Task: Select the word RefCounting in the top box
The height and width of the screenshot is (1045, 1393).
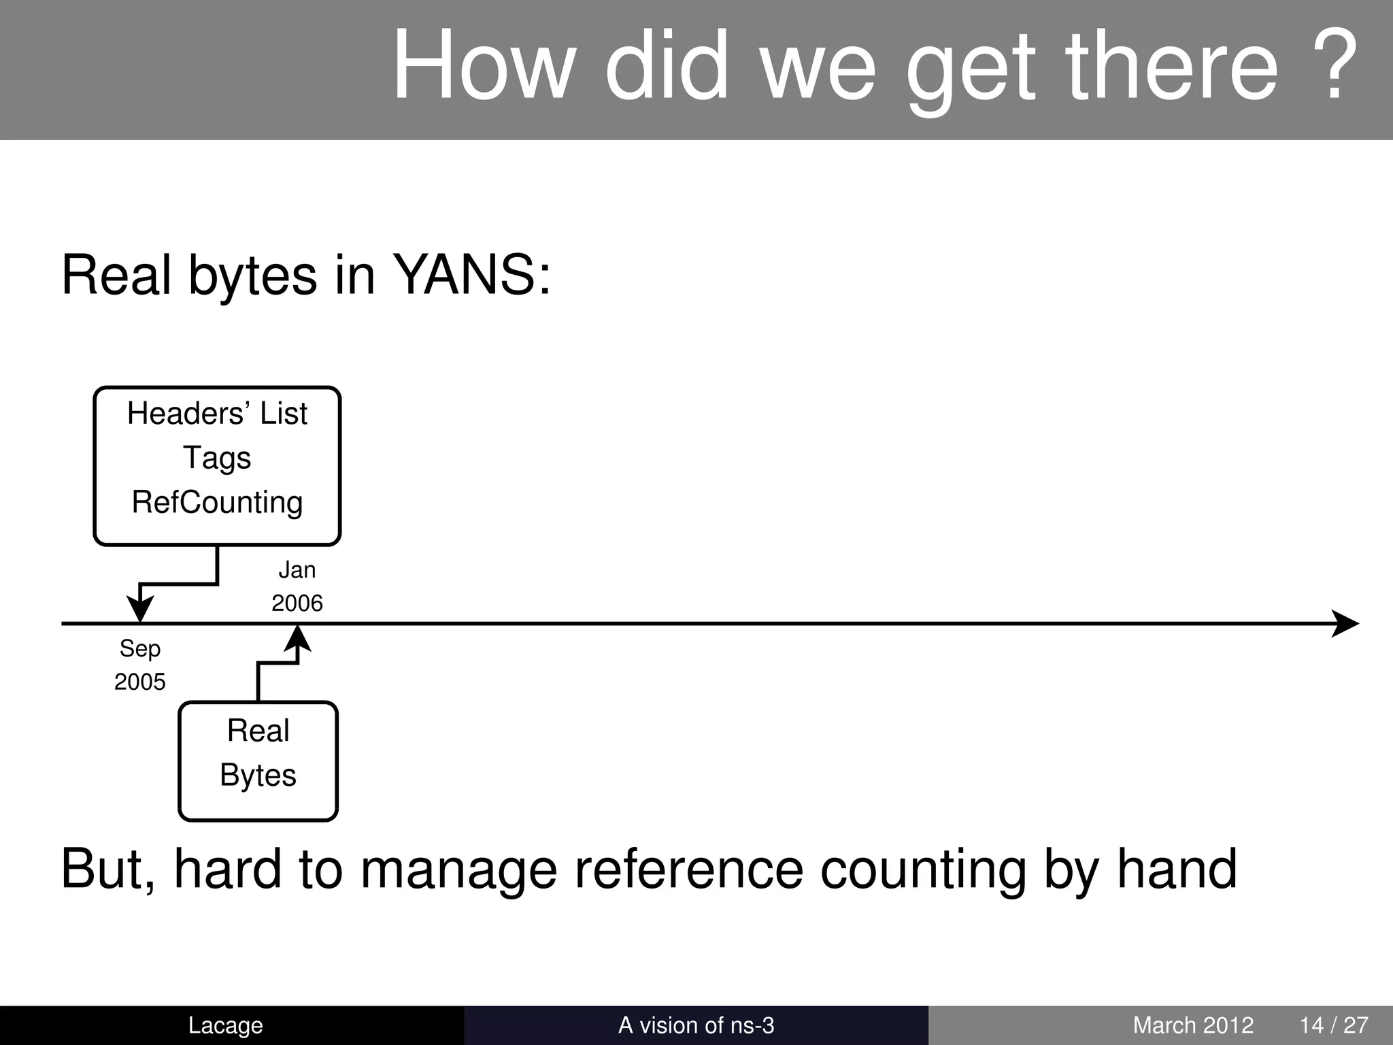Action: click(x=217, y=503)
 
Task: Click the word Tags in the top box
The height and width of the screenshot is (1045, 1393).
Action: click(x=217, y=458)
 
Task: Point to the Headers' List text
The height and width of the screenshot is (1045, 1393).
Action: click(x=217, y=414)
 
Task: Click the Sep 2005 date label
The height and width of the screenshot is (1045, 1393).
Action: click(x=139, y=665)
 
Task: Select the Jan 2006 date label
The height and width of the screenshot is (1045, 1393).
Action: click(x=297, y=586)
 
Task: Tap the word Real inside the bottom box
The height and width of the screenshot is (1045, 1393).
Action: click(x=258, y=731)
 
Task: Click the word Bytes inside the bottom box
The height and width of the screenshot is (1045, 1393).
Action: click(x=258, y=776)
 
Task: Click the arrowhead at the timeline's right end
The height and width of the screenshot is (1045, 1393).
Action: click(x=1345, y=623)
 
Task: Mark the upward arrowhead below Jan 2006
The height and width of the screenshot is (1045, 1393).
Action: click(x=297, y=638)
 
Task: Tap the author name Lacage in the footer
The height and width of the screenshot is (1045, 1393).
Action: click(x=225, y=1025)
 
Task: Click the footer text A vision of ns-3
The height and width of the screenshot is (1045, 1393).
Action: click(x=696, y=1025)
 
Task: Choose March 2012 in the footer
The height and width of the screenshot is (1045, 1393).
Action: click(x=1193, y=1025)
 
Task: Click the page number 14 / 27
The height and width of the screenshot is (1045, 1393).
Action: click(x=1333, y=1025)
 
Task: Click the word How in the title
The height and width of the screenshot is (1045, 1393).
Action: click(x=484, y=65)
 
